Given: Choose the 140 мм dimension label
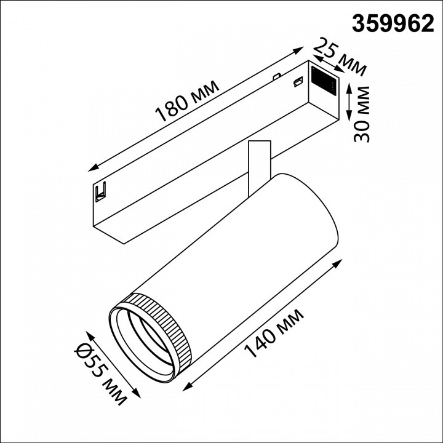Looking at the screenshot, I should pos(274,335).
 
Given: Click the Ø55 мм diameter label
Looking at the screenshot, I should pos(107,376).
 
